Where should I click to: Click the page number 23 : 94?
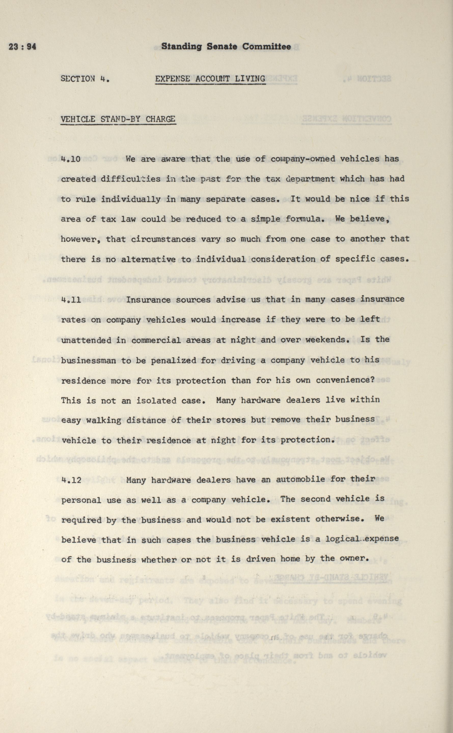[22, 47]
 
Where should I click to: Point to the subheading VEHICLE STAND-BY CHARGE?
[118, 119]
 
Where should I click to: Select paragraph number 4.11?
[71, 300]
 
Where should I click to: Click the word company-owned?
[303, 159]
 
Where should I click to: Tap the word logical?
[342, 539]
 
